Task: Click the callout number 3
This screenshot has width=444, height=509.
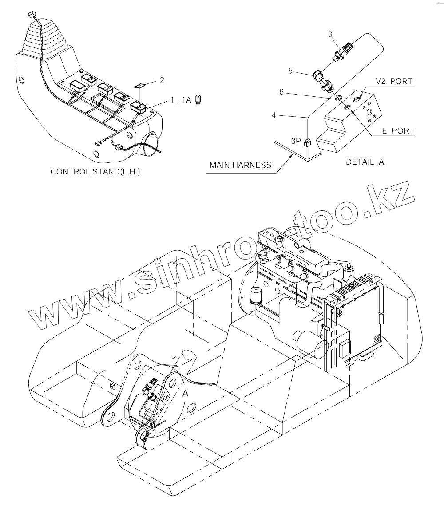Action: click(330, 34)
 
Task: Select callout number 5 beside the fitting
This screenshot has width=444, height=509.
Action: click(303, 70)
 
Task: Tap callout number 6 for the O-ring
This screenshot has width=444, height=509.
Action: click(281, 92)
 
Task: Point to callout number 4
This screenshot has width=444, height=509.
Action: click(274, 115)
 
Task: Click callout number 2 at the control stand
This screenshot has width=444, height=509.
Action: click(162, 80)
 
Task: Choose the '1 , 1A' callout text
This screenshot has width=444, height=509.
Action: click(181, 100)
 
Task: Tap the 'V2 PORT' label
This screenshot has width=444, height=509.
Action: click(394, 81)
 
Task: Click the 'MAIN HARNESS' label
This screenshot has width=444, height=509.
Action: click(240, 165)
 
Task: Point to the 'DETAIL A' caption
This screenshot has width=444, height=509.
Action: click(365, 162)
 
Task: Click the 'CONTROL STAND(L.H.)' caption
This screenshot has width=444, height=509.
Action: click(95, 171)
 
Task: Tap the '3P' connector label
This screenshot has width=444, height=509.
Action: click(297, 142)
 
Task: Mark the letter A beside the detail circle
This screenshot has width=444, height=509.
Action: click(186, 392)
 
